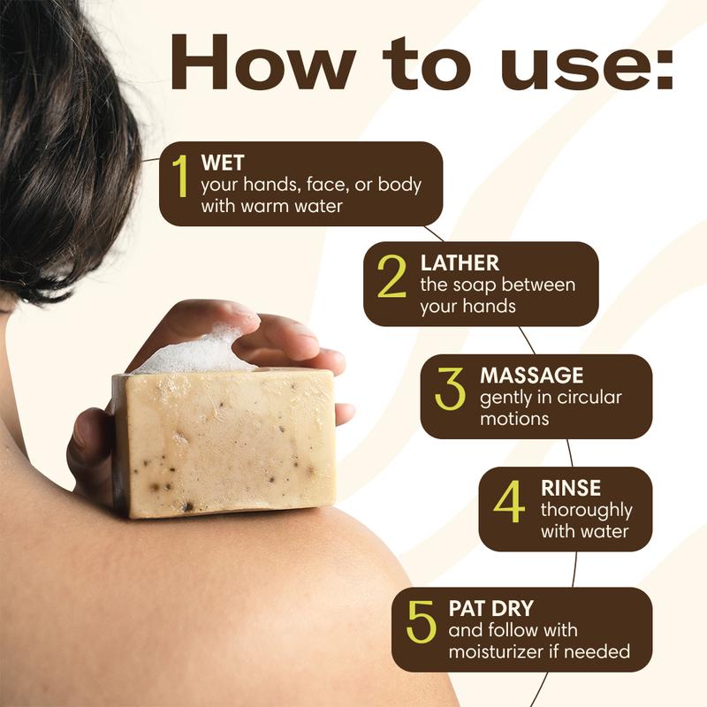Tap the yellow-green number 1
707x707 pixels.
180,176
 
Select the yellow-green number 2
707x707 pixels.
392,276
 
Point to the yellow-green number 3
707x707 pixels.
450,388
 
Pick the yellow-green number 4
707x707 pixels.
510,501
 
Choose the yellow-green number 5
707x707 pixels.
422,621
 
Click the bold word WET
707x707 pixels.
223,163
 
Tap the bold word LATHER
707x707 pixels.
460,263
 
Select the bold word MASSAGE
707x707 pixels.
532,376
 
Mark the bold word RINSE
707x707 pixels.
571,488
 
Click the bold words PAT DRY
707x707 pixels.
491,609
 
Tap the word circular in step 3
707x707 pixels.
589,397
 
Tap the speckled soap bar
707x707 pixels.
225,445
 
